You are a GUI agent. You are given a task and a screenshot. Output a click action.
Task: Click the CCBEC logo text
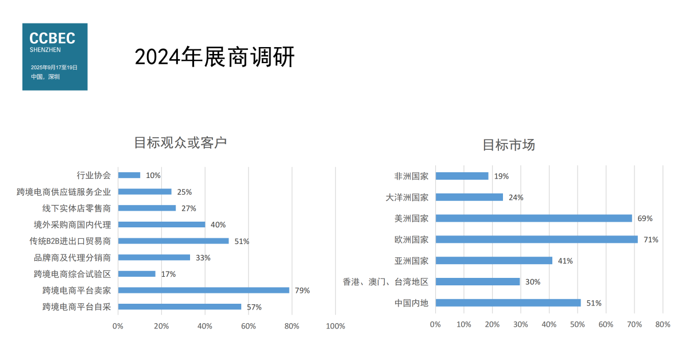[52, 38]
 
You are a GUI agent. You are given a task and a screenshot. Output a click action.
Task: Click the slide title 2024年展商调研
[214, 57]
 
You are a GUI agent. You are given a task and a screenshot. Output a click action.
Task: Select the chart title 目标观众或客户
[180, 142]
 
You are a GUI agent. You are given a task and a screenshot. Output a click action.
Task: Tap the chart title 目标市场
[508, 145]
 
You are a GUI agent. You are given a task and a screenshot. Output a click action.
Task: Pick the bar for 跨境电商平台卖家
[203, 290]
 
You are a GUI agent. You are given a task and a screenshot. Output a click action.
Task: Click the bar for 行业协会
[129, 175]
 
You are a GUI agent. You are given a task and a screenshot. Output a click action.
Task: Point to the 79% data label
[302, 291]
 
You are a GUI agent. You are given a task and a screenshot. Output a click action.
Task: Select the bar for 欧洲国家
[536, 239]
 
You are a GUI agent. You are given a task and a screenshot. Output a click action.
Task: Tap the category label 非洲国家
[411, 176]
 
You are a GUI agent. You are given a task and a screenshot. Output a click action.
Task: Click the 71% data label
[651, 239]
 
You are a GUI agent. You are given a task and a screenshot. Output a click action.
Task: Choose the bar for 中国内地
[508, 303]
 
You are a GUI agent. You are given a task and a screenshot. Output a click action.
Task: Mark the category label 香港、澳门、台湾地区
[385, 282]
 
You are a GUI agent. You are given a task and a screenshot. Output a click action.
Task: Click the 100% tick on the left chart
[335, 326]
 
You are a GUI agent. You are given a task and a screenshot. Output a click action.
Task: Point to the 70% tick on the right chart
[634, 324]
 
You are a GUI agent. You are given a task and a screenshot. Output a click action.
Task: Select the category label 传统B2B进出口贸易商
[70, 241]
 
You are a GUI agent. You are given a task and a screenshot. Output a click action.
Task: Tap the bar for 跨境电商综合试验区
[137, 274]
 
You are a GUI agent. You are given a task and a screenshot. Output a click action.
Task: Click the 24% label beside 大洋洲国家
[516, 198]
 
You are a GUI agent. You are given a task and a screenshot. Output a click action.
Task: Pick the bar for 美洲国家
[533, 218]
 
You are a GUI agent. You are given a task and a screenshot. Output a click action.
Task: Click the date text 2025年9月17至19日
[54, 67]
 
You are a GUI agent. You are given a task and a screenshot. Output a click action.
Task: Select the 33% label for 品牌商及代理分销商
[203, 258]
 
